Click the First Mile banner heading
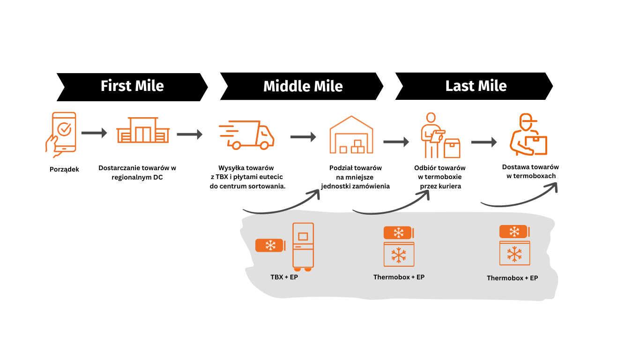tap(132, 86)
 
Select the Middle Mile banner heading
tap(303, 86)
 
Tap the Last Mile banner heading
tap(476, 86)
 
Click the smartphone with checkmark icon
tap(61, 135)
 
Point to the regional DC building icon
tap(143, 130)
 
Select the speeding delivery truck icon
tap(246, 135)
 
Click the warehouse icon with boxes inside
tap(351, 135)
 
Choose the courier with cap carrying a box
tap(528, 135)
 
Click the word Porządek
tap(64, 169)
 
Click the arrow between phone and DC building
tap(94, 133)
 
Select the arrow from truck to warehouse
tap(303, 137)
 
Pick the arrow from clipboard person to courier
tap(484, 142)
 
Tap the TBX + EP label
tap(284, 277)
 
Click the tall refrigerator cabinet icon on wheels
tap(303, 247)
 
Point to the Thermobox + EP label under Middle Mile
tap(399, 277)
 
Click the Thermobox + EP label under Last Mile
tap(512, 278)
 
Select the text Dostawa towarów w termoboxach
tap(530, 171)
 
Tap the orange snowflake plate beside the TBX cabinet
tap(270, 245)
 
